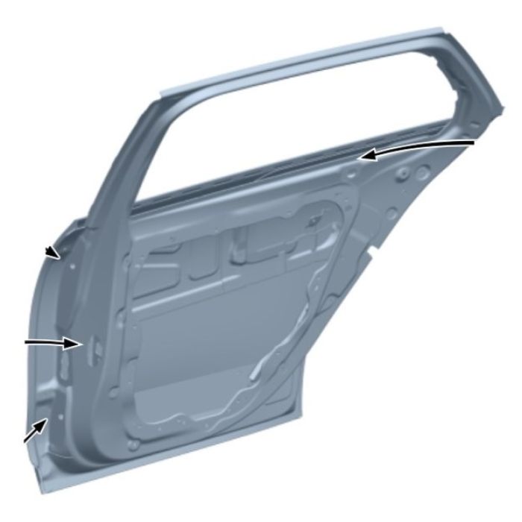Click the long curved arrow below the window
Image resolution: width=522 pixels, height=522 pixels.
(x=425, y=145)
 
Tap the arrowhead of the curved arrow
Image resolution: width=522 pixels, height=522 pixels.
(x=363, y=156)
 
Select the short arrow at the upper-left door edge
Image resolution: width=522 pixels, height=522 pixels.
(x=51, y=252)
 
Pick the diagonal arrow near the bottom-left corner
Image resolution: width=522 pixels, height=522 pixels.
(x=33, y=433)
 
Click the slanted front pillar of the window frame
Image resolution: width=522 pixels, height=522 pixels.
(x=119, y=164)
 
